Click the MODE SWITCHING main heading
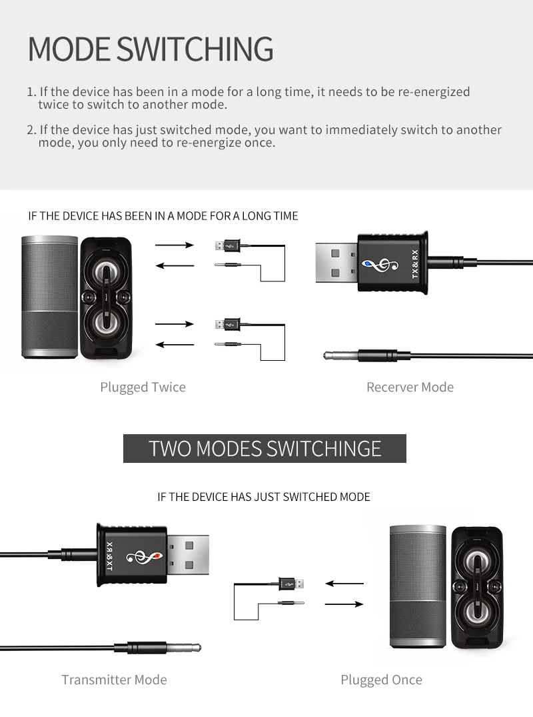coord(151,49)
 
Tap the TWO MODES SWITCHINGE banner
coord(265,448)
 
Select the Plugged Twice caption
coord(143,387)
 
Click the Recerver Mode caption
coord(410,387)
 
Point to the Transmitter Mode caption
coord(114,680)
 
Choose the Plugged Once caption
coord(381,680)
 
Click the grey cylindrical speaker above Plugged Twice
coord(49,295)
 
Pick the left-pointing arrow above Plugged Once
coord(344,584)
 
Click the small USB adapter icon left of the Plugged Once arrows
coord(291,582)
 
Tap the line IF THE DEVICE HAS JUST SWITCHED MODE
coord(263,497)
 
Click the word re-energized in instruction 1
coord(434,92)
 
